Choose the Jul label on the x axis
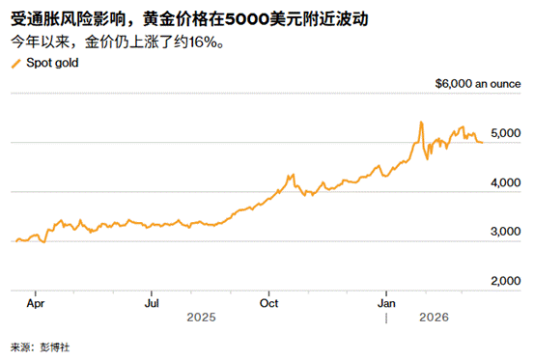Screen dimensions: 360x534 (x=152, y=301)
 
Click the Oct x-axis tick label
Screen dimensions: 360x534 (x=270, y=301)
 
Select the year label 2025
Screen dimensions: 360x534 (x=202, y=316)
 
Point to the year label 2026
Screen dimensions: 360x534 (x=434, y=316)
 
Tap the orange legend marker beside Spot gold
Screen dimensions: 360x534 (x=14, y=63)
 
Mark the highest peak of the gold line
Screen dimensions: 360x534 (x=421, y=123)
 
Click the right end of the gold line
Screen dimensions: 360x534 (x=482, y=142)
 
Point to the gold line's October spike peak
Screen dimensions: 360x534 (x=291, y=175)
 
